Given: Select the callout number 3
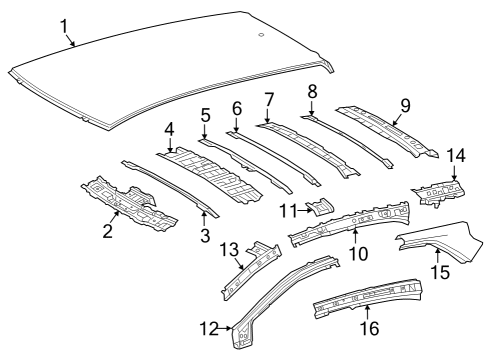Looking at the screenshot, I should click(204, 236).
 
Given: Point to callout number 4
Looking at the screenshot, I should click(170, 128).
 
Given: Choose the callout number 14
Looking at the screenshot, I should click(456, 154).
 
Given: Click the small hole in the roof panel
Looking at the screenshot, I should click(260, 36).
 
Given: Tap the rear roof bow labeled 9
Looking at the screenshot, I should click(385, 130).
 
